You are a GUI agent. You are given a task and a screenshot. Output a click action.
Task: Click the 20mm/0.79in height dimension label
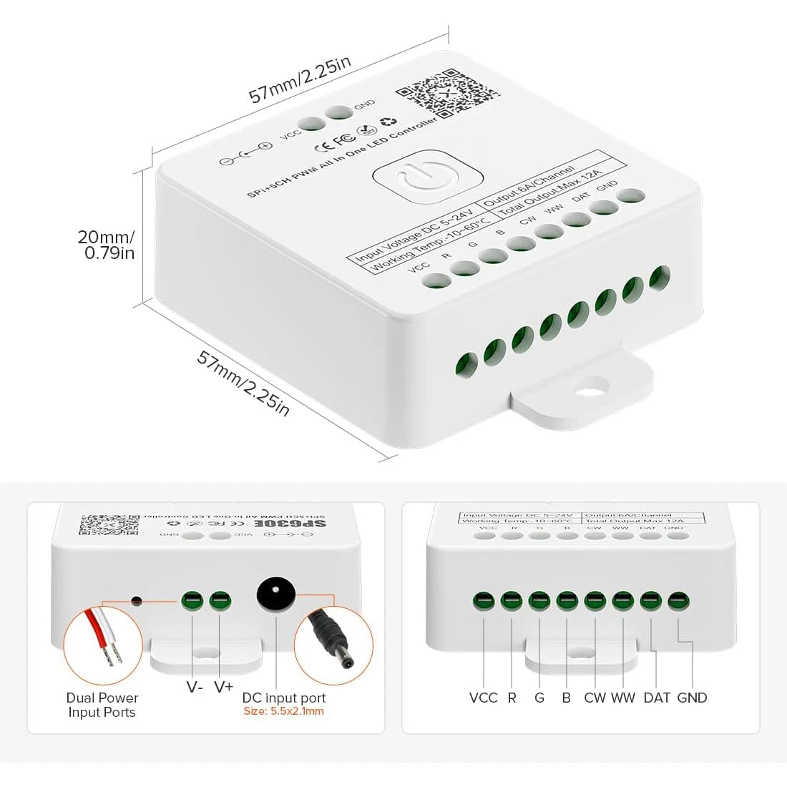click(x=106, y=245)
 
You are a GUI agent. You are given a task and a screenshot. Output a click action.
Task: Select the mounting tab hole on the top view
click(x=590, y=391)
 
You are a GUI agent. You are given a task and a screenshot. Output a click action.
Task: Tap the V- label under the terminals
click(x=195, y=687)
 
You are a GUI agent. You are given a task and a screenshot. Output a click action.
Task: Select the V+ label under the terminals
click(x=223, y=687)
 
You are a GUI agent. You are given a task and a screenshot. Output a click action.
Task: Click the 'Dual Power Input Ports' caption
click(x=102, y=705)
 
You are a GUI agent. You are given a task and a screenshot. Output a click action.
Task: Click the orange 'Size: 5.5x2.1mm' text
click(x=283, y=712)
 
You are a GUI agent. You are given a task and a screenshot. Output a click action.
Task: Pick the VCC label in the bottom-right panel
click(x=483, y=698)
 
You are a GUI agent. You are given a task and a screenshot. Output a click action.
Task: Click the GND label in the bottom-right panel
click(x=691, y=698)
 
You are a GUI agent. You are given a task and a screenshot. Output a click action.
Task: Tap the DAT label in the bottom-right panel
click(x=656, y=698)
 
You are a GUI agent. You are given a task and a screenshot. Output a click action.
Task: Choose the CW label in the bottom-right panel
click(x=595, y=698)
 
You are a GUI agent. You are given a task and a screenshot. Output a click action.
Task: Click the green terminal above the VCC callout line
click(x=484, y=600)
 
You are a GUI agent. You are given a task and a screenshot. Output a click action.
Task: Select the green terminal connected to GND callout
click(x=678, y=600)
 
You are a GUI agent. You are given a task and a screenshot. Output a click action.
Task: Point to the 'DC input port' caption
click(x=283, y=698)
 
